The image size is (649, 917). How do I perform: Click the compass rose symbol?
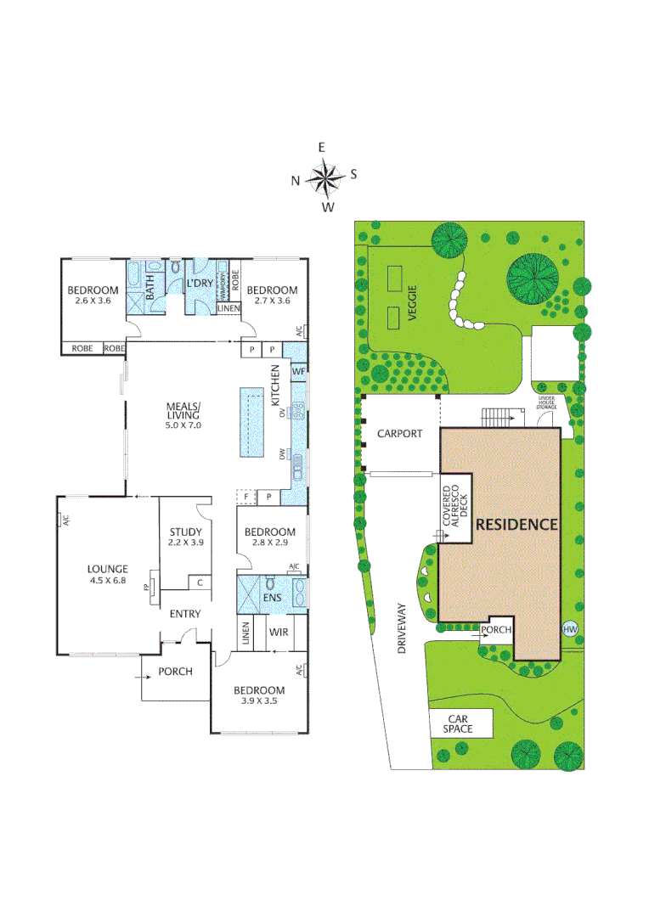click(324, 177)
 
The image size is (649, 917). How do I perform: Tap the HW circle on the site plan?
click(569, 629)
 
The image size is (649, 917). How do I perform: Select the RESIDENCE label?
click(516, 525)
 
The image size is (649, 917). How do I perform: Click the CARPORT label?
click(399, 434)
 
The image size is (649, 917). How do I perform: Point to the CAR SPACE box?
click(460, 723)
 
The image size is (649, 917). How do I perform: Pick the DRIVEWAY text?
click(403, 628)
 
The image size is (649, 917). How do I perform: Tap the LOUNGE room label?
click(108, 569)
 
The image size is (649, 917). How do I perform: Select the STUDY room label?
click(186, 532)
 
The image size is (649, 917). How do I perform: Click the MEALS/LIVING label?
click(183, 410)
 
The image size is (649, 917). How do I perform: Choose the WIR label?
click(279, 633)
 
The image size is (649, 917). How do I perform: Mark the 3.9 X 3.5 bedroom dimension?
click(259, 701)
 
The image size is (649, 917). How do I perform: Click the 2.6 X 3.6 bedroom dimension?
click(93, 301)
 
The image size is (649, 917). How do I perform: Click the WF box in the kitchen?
click(298, 371)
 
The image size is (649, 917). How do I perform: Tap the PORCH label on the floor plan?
click(175, 671)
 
